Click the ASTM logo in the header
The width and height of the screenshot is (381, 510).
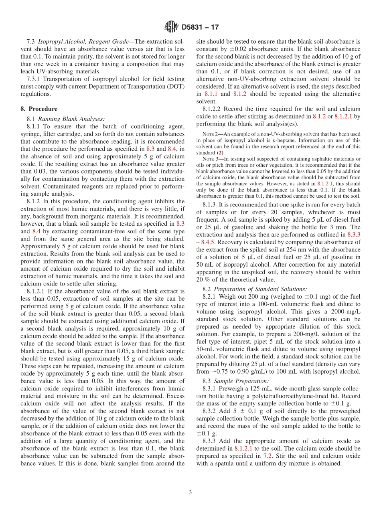pyautogui.click(x=171, y=27)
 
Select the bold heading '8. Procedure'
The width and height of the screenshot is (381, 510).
pyautogui.click(x=39, y=109)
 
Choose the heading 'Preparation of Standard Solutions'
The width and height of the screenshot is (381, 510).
pyautogui.click(x=260, y=289)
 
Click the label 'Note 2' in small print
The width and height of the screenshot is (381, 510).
pyautogui.click(x=210, y=134)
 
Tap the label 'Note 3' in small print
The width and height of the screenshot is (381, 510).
pyautogui.click(x=210, y=159)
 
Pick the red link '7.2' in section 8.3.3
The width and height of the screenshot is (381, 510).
pyautogui.click(x=268, y=456)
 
